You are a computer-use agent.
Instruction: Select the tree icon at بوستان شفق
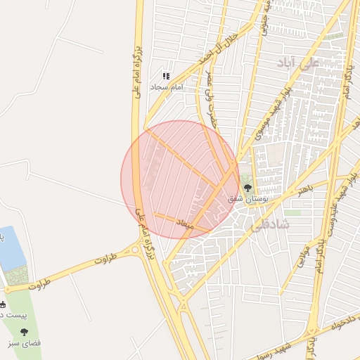click(247, 187)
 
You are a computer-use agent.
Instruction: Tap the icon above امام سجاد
click(166, 76)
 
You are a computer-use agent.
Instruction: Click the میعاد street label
click(184, 223)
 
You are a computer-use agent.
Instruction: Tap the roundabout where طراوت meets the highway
click(136, 250)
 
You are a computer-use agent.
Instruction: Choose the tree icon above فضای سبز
click(25, 332)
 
